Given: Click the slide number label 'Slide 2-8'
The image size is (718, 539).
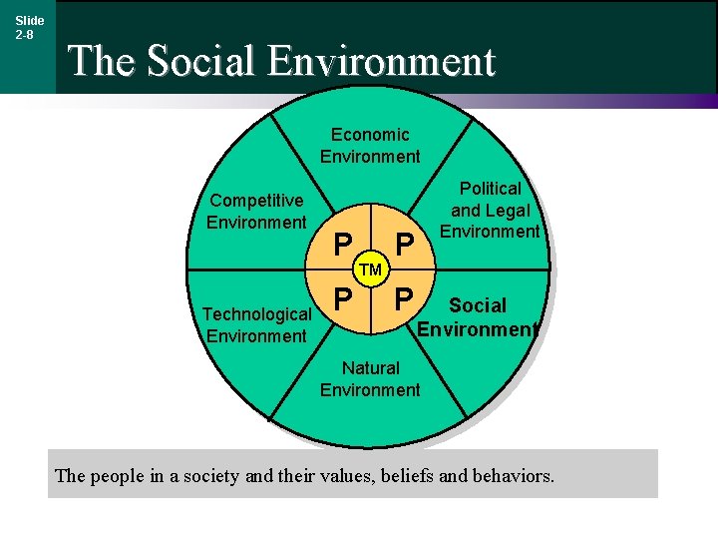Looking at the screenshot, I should [29, 27].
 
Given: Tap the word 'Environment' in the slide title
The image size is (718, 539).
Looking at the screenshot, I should [382, 61].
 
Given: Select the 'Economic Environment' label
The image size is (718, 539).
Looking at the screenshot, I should [370, 145].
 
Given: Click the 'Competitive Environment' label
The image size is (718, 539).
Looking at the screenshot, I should [256, 212].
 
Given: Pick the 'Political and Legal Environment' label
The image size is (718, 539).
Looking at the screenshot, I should [490, 210].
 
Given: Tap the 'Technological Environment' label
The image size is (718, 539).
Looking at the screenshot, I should [256, 325].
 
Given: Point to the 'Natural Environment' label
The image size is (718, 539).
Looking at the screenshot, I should [370, 379].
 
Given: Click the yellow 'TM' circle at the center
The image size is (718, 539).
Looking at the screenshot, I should [371, 269].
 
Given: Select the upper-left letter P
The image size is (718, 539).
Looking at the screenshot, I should [342, 244].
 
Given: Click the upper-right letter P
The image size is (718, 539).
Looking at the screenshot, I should [403, 244].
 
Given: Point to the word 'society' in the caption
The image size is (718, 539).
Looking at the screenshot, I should [210, 475].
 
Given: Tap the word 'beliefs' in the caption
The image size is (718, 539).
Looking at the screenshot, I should [401, 475].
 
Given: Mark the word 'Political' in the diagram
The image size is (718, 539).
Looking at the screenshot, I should [490, 188].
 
